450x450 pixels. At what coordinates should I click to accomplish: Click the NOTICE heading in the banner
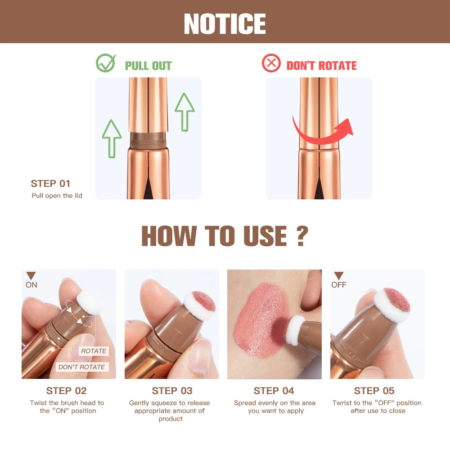225,23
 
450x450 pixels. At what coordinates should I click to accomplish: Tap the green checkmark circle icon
106,63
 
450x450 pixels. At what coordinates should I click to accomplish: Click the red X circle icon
271,63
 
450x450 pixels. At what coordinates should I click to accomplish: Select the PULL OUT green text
148,66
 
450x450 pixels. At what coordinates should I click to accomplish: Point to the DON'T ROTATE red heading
321,66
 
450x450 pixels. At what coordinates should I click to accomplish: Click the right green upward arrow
184,112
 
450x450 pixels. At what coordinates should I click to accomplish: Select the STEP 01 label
50,184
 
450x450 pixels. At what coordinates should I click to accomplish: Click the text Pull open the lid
57,196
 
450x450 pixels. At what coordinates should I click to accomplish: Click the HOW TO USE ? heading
225,236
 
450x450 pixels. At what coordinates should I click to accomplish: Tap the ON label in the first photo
31,285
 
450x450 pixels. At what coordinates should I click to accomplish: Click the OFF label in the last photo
339,285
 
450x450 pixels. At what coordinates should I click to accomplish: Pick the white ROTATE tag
94,351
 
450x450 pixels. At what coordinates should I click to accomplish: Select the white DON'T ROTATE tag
81,367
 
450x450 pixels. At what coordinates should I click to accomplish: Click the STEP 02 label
67,391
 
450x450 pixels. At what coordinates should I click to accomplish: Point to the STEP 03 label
172,391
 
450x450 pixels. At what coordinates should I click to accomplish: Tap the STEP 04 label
274,391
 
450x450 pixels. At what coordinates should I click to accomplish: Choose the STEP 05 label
374,391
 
